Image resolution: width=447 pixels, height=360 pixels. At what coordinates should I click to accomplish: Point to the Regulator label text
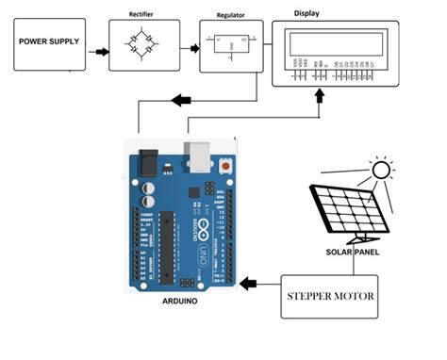coord(231,15)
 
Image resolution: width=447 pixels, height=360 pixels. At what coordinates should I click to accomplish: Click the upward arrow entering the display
coord(321,96)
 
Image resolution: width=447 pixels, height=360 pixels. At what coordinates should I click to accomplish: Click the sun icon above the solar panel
coord(381,170)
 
